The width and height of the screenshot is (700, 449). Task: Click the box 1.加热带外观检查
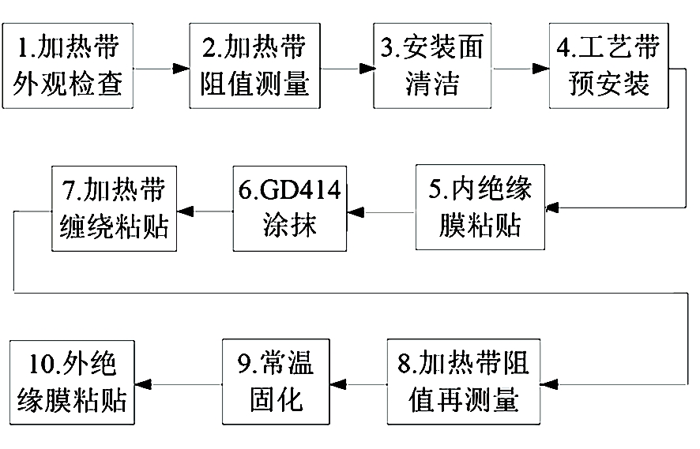(x=68, y=66)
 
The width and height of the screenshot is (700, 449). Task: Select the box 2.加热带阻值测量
(x=255, y=66)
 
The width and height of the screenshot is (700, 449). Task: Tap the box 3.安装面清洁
(x=432, y=66)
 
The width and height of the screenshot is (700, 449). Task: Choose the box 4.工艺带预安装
(x=608, y=66)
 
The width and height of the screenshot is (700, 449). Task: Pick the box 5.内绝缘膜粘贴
(x=480, y=208)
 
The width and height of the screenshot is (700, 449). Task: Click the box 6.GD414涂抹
(x=290, y=208)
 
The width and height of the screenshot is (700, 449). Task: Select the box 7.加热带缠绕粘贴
(x=115, y=208)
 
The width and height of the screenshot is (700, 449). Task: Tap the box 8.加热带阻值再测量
(x=464, y=382)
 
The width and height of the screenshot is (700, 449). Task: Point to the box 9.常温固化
(x=276, y=382)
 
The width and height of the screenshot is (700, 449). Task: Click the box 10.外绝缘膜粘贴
(x=72, y=383)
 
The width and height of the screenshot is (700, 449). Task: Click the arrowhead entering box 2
(x=181, y=69)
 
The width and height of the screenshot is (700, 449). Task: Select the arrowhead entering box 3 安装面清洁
(x=367, y=69)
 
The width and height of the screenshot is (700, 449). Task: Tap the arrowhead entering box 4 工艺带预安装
(x=541, y=69)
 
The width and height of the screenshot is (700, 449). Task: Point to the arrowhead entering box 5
(x=553, y=208)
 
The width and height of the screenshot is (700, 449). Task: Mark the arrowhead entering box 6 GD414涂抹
(x=356, y=212)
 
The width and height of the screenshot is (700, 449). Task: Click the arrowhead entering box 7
(x=185, y=211)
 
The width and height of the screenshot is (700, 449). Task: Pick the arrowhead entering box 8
(x=548, y=384)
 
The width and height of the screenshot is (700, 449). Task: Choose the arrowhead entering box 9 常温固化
(x=338, y=384)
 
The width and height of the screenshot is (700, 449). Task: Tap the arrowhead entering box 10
(x=143, y=384)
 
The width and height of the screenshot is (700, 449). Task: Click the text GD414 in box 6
(x=300, y=190)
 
